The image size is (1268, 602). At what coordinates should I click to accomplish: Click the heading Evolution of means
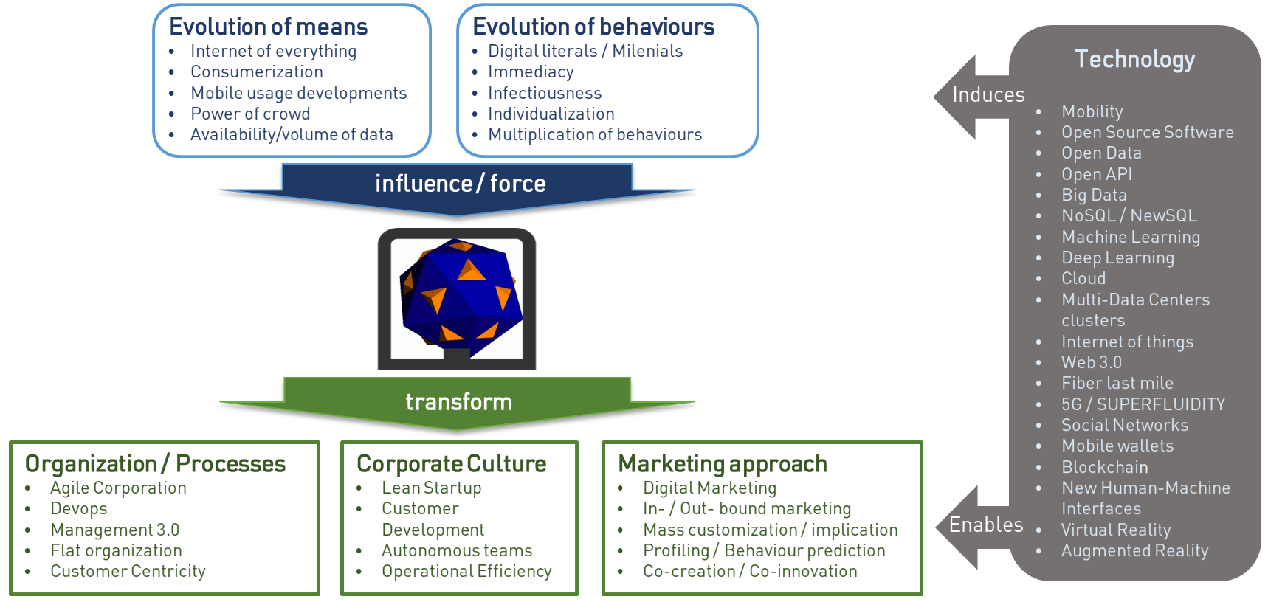pyautogui.click(x=268, y=27)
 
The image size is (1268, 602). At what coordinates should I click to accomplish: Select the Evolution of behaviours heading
pyautogui.click(x=593, y=27)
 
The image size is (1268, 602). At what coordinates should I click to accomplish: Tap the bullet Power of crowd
pyautogui.click(x=250, y=114)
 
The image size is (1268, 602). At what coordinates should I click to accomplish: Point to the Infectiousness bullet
pyautogui.click(x=545, y=93)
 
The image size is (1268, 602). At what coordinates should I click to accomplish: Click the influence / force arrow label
pyautogui.click(x=460, y=183)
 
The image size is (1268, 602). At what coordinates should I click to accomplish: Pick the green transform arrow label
pyautogui.click(x=458, y=401)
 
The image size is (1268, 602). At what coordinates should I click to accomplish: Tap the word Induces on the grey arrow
pyautogui.click(x=988, y=94)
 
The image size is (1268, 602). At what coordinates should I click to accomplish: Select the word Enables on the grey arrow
pyautogui.click(x=986, y=525)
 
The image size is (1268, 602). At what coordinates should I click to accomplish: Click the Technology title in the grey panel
pyautogui.click(x=1134, y=59)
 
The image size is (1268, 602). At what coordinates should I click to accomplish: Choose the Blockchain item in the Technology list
pyautogui.click(x=1104, y=467)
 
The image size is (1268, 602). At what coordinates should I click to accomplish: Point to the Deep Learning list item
pyautogui.click(x=1117, y=257)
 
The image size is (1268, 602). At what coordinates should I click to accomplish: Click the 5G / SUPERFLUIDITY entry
pyautogui.click(x=1143, y=404)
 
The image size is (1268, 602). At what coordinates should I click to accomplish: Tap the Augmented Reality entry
pyautogui.click(x=1134, y=550)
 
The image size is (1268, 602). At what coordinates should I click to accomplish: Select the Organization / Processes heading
pyautogui.click(x=155, y=463)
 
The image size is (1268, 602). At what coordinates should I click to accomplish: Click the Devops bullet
pyautogui.click(x=78, y=508)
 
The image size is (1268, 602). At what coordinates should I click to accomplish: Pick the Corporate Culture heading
pyautogui.click(x=451, y=463)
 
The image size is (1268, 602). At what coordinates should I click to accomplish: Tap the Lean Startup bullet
pyautogui.click(x=431, y=488)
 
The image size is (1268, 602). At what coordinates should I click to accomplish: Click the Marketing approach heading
pyautogui.click(x=722, y=463)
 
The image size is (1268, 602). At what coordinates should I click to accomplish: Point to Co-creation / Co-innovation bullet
pyautogui.click(x=750, y=571)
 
